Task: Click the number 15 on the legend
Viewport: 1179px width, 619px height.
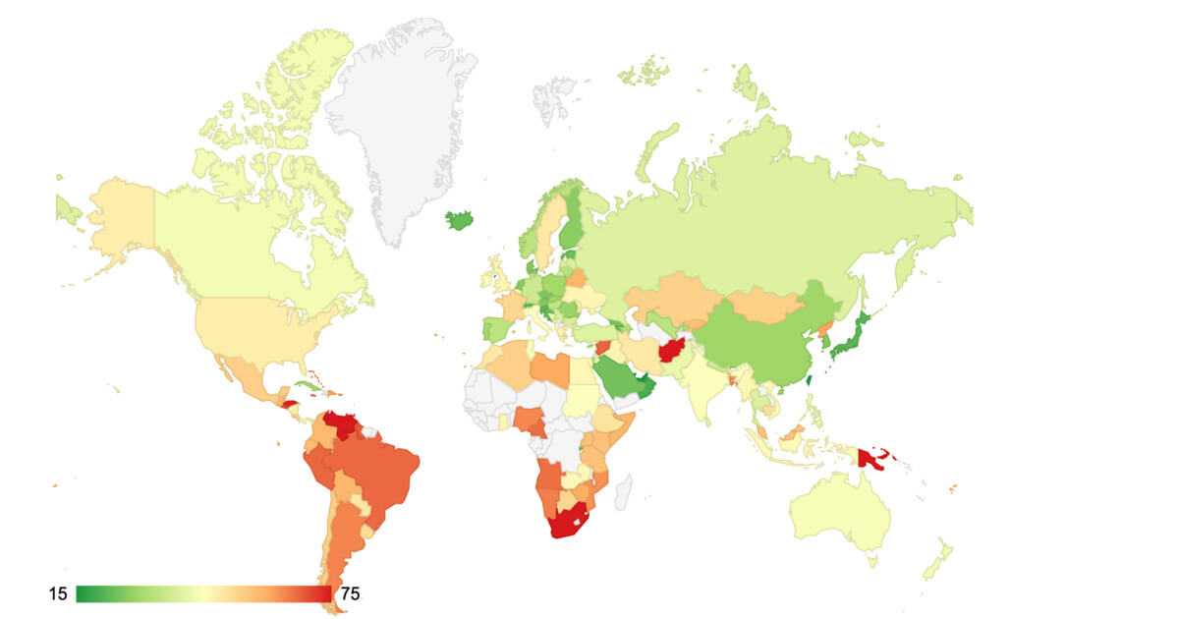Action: (x=57, y=593)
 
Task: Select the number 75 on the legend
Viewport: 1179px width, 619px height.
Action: (x=349, y=593)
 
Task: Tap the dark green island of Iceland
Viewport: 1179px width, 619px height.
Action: (x=460, y=219)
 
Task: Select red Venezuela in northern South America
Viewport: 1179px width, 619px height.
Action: (x=340, y=424)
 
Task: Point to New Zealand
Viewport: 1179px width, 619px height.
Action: (x=937, y=560)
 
